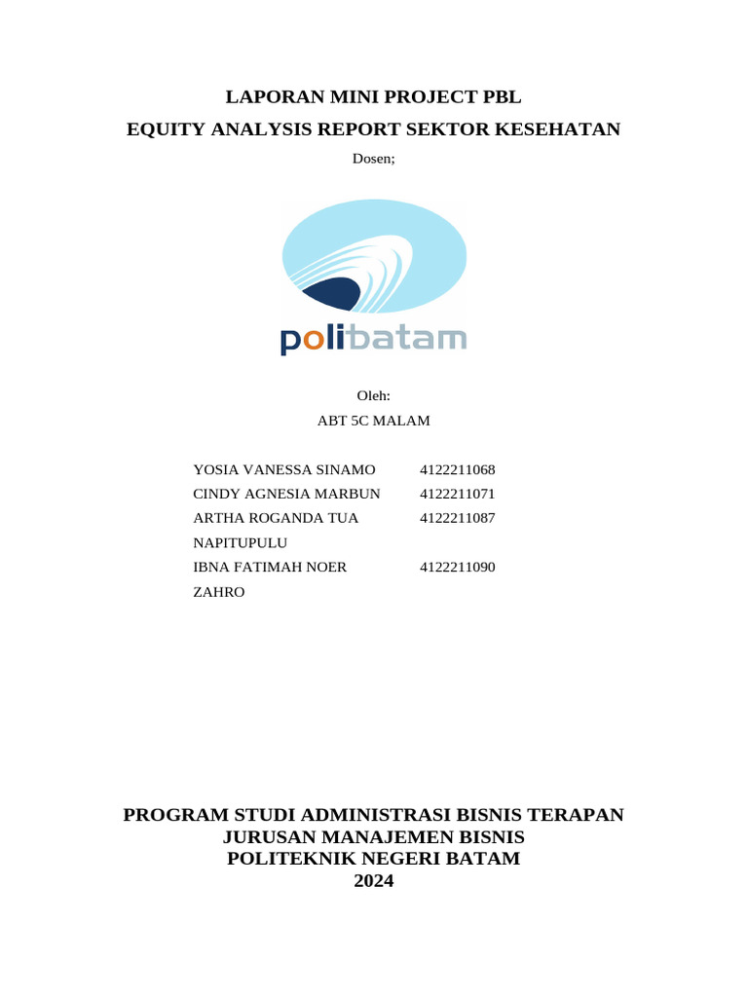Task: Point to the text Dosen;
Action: pos(373,160)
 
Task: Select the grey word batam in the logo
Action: pos(408,338)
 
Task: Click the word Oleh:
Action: pos(374,396)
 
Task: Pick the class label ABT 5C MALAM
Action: pos(374,421)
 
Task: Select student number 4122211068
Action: pos(458,469)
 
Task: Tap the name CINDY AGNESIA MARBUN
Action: pos(287,494)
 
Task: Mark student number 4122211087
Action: pos(458,518)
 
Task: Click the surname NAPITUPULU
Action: pos(241,542)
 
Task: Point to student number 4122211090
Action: pos(458,567)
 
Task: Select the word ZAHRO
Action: pos(219,591)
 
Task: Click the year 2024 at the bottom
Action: pos(374,881)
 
